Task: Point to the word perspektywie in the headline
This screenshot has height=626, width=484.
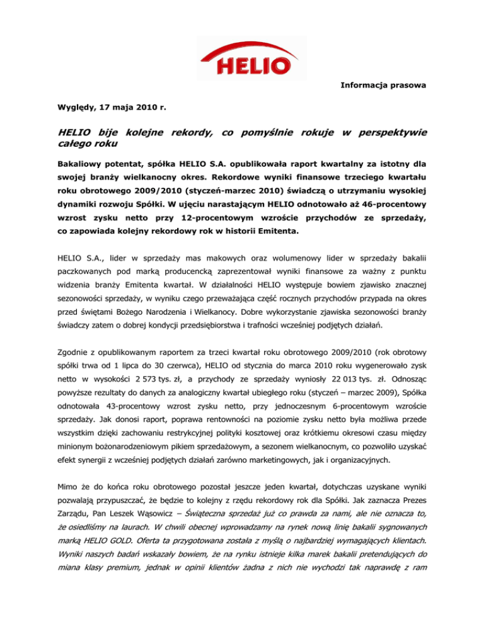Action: [391, 133]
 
